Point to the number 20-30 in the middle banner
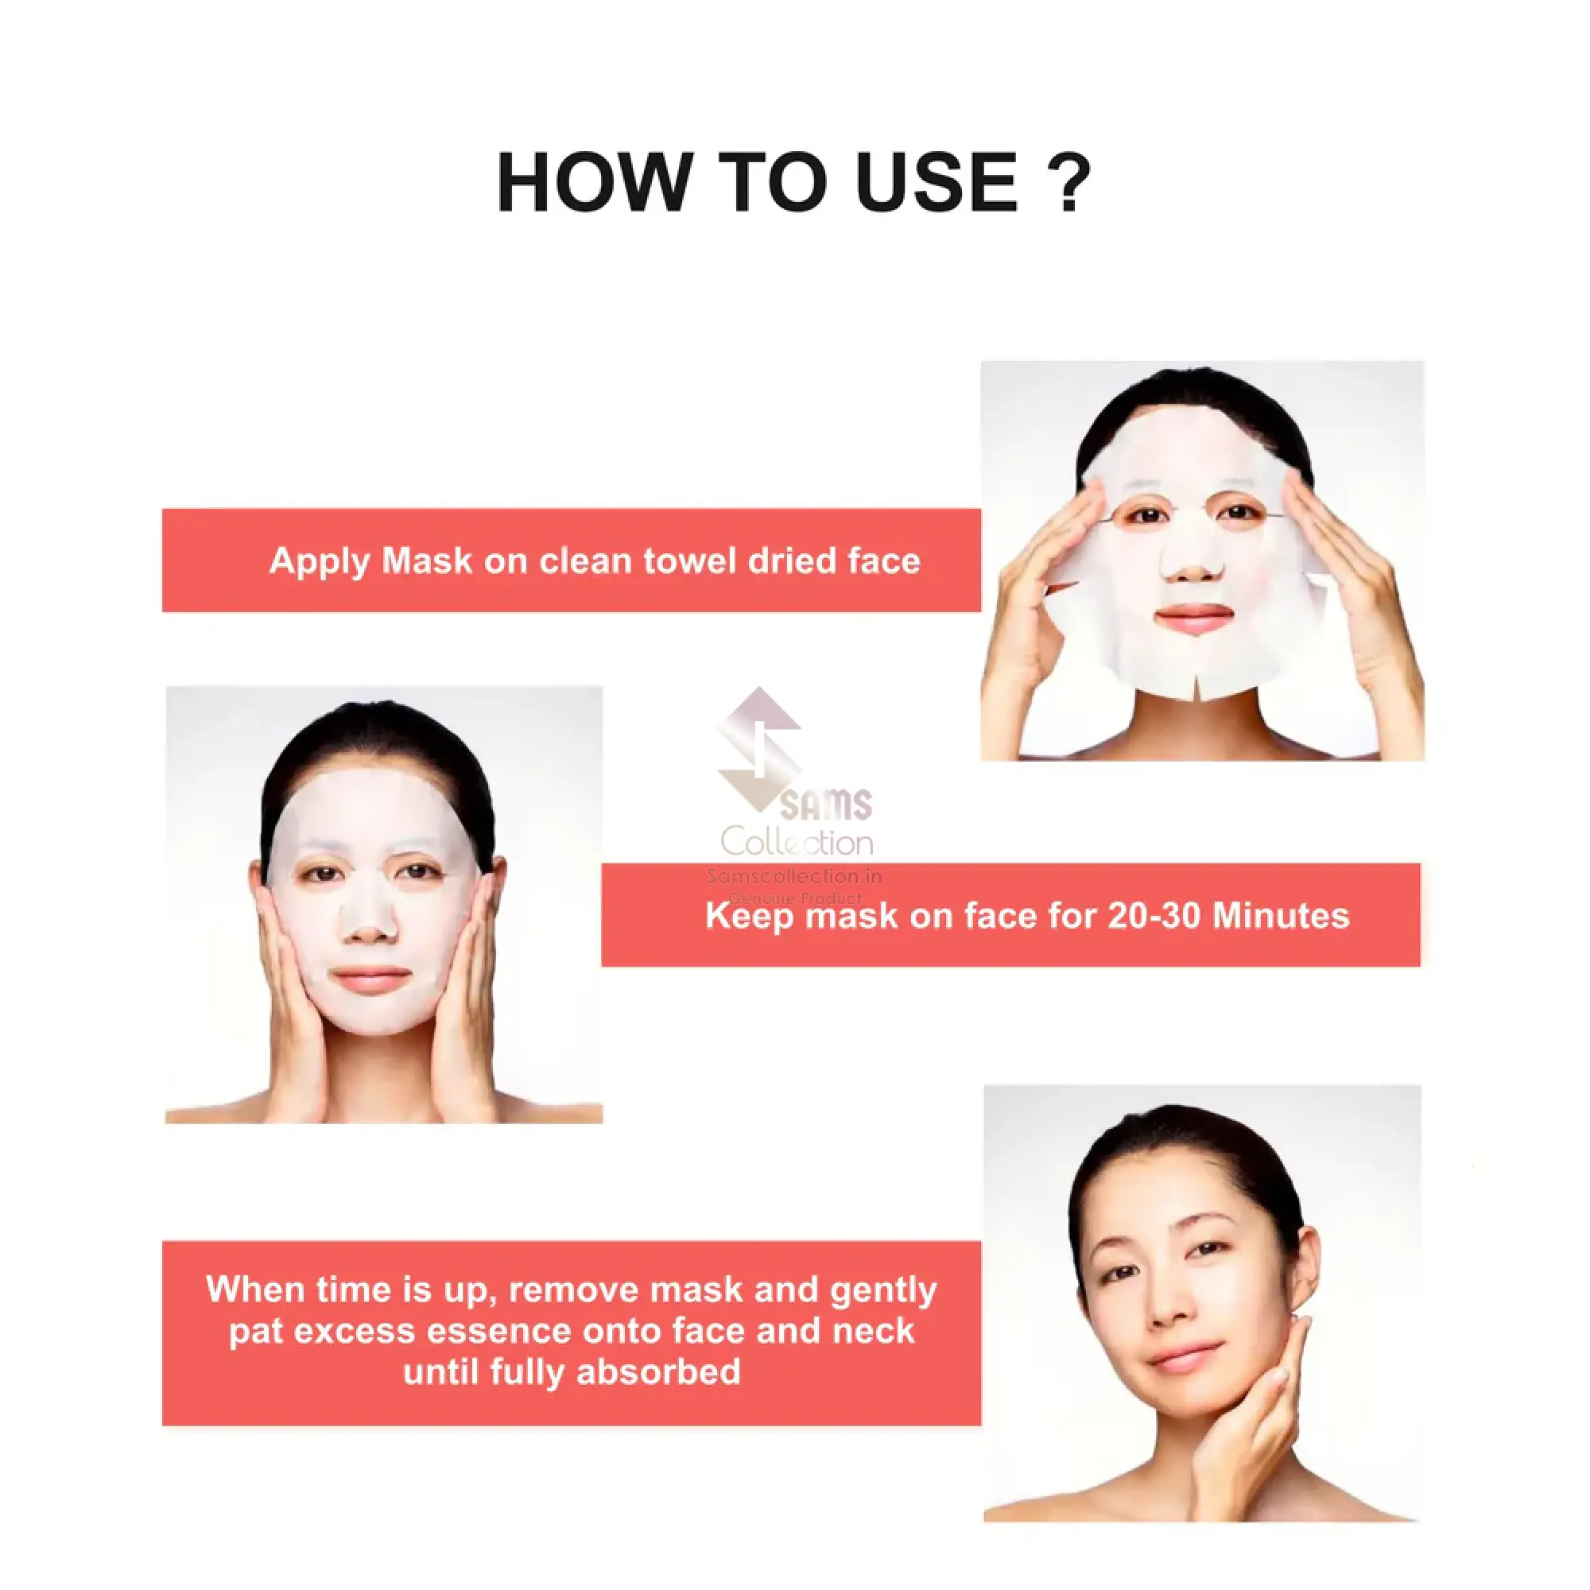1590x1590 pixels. pyautogui.click(x=1154, y=916)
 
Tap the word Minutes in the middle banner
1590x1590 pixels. pyautogui.click(x=1281, y=916)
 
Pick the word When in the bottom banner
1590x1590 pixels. pyautogui.click(x=256, y=1289)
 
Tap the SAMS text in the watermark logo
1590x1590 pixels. pyautogui.click(x=824, y=804)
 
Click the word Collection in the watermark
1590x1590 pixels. pyautogui.click(x=797, y=842)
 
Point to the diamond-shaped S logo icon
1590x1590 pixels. pyautogui.click(x=758, y=749)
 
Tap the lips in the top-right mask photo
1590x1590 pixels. pyautogui.click(x=1194, y=616)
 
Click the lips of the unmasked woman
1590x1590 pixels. pyautogui.click(x=1185, y=1355)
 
